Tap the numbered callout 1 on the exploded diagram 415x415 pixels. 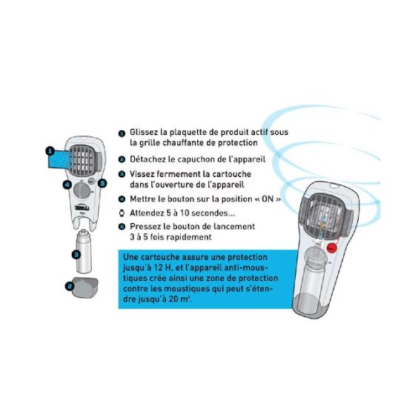tap(49, 150)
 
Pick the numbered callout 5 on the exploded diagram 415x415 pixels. tap(103, 182)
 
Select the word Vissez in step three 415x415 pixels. tap(142, 174)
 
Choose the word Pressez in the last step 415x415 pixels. tap(146, 226)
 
